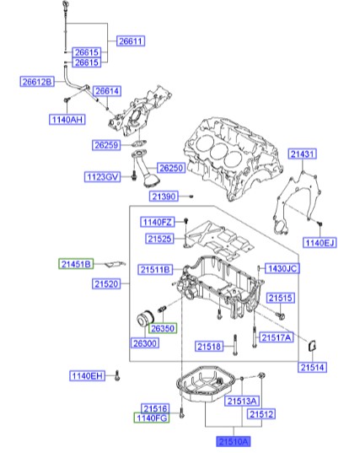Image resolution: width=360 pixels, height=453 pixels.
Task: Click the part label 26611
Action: point(131,40)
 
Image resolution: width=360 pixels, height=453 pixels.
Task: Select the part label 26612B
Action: point(37,82)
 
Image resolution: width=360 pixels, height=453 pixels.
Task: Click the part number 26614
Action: point(107,91)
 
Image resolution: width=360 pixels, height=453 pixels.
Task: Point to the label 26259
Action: point(106,145)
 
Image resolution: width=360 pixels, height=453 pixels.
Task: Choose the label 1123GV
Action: point(102,177)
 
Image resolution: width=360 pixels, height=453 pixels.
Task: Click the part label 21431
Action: point(303,154)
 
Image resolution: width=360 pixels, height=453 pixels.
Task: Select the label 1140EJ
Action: point(320,242)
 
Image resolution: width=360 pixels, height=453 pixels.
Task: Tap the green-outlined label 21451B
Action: point(76,263)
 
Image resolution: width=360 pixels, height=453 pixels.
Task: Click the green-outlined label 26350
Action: point(163,328)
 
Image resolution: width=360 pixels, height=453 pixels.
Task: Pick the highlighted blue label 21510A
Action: point(234,440)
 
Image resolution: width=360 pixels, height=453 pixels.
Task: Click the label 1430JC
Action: point(282,269)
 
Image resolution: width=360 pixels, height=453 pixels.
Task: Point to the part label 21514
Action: point(312,367)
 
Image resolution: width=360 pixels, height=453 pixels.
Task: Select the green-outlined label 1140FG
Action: point(153,418)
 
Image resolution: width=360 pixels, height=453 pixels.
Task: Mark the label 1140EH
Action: point(87,375)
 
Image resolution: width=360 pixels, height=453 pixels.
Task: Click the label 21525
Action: point(159,239)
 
